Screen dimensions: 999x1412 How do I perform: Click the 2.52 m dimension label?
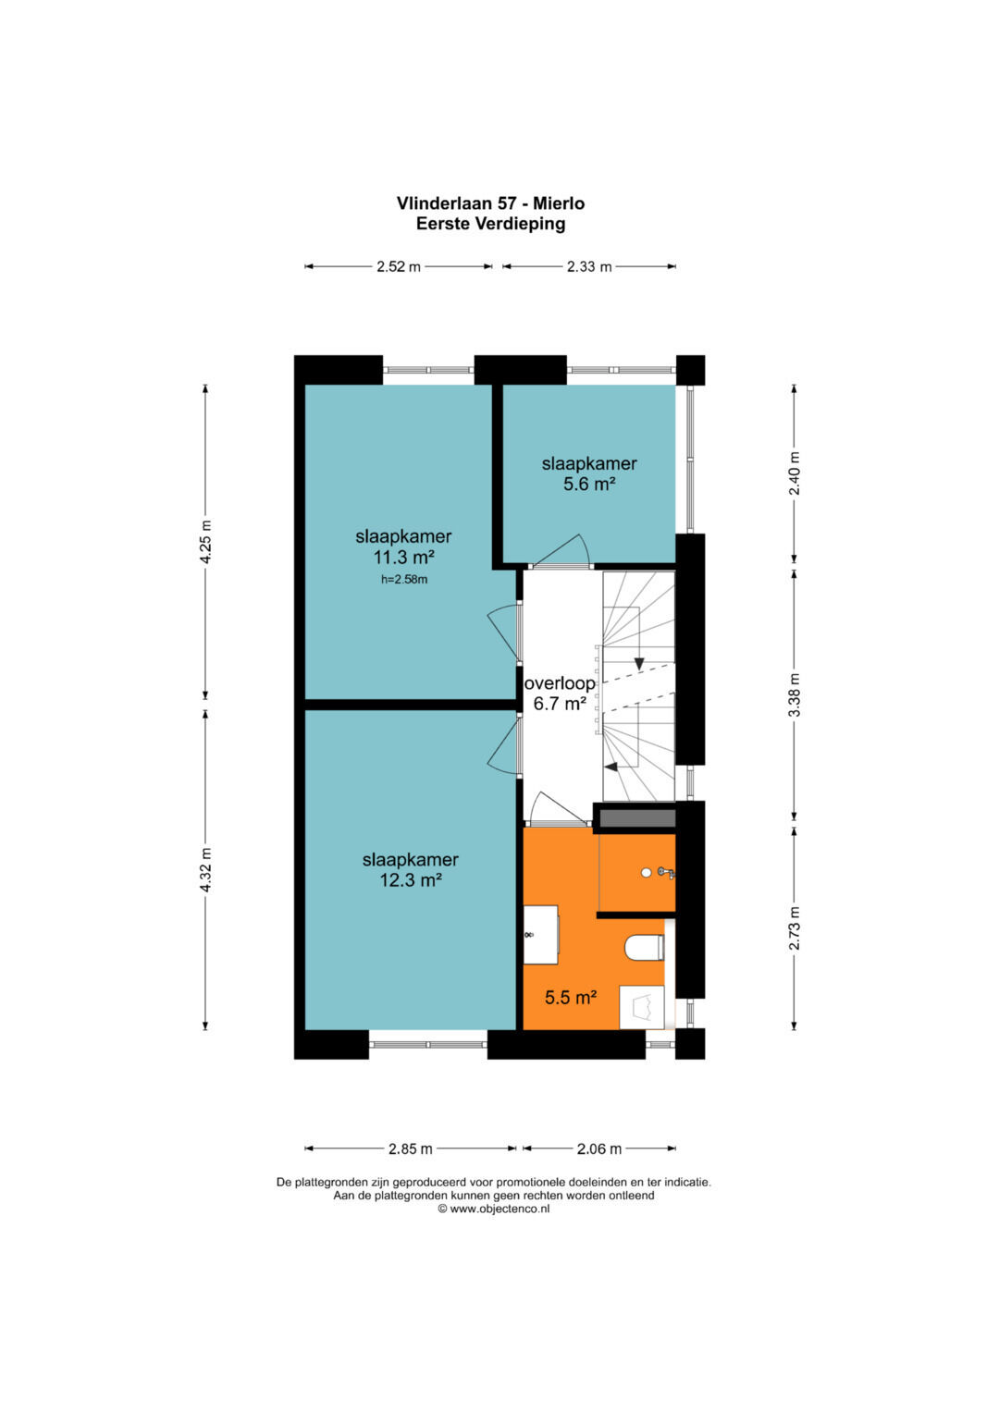pyautogui.click(x=398, y=266)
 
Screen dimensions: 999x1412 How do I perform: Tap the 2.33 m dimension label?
pyautogui.click(x=588, y=266)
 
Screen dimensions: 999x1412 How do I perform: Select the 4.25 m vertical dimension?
pyautogui.click(x=205, y=543)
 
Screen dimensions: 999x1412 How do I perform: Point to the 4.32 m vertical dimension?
pyautogui.click(x=205, y=870)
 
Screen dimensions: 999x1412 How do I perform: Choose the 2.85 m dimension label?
pyautogui.click(x=410, y=1149)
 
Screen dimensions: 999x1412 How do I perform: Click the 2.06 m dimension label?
pyautogui.click(x=599, y=1149)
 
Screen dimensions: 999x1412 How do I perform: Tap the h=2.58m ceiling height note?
pyautogui.click(x=404, y=579)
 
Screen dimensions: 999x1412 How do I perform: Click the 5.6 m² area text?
pyautogui.click(x=589, y=485)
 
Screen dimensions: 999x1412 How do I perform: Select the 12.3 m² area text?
pyautogui.click(x=410, y=880)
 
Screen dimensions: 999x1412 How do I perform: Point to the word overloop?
pyautogui.click(x=560, y=683)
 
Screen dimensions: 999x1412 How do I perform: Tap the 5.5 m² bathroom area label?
pyautogui.click(x=571, y=998)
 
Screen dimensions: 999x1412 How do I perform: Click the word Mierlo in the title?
pyautogui.click(x=559, y=203)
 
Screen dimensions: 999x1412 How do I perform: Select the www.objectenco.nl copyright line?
pyautogui.click(x=494, y=1209)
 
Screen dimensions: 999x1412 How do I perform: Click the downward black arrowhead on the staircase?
pyautogui.click(x=639, y=664)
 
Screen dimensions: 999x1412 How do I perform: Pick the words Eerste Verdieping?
pyautogui.click(x=490, y=223)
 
